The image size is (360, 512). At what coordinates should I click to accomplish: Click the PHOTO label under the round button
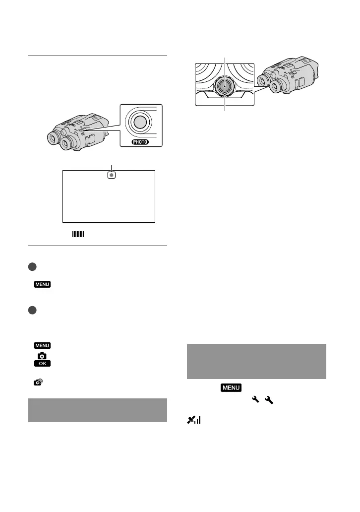[x=140, y=142]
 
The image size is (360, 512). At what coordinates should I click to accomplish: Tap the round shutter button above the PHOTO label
[x=140, y=122]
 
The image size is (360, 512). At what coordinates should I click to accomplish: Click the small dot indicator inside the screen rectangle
[x=112, y=175]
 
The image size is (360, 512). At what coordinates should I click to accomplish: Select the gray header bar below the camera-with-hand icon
[x=98, y=410]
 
